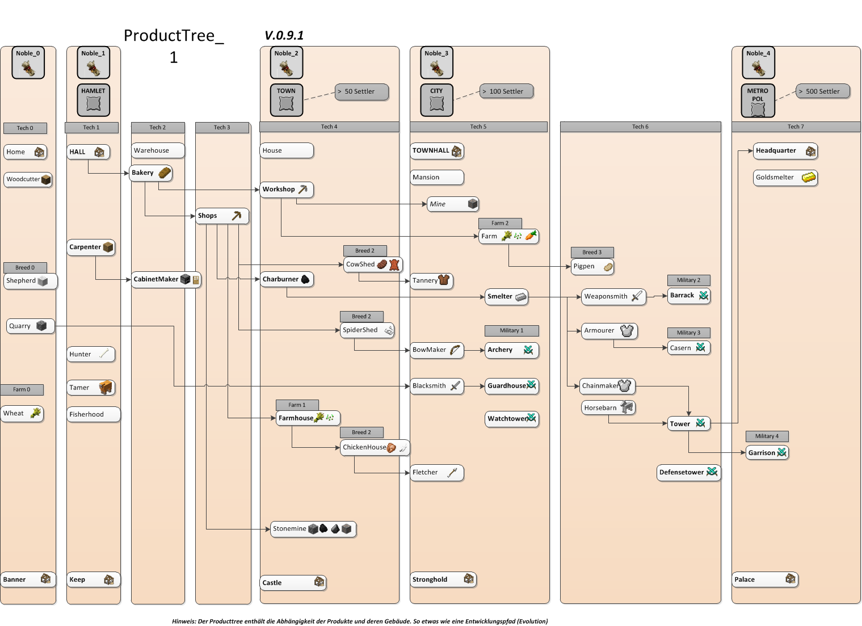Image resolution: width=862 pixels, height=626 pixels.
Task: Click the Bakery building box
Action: [x=151, y=173]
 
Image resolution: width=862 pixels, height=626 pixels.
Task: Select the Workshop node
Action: [x=287, y=190]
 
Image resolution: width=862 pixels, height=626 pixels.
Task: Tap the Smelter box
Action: [x=506, y=297]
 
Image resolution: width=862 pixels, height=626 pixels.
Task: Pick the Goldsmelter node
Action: [x=785, y=178]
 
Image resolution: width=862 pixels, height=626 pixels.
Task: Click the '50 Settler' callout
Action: [x=361, y=91]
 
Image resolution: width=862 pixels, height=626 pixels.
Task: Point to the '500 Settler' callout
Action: [x=822, y=91]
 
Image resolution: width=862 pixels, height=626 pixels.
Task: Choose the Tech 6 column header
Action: [x=640, y=127]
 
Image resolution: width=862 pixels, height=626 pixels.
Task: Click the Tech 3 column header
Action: [x=222, y=128]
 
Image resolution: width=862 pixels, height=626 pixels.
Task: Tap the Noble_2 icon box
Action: [x=287, y=63]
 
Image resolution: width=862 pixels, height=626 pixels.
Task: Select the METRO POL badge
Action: [x=758, y=100]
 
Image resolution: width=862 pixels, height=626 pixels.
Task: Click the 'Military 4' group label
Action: [x=767, y=436]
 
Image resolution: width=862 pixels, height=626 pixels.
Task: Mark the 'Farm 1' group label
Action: [x=297, y=405]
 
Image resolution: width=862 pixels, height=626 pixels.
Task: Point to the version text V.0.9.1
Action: [x=284, y=36]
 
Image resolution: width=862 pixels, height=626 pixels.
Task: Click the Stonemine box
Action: [x=313, y=529]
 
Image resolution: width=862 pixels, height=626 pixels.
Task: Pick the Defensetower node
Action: [x=688, y=472]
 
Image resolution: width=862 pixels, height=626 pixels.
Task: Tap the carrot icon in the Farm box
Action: [x=531, y=236]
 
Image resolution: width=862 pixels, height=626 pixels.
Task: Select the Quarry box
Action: [x=31, y=326]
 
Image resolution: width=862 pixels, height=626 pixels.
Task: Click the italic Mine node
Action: [x=453, y=204]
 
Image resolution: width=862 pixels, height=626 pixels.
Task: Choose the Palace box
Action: [x=764, y=579]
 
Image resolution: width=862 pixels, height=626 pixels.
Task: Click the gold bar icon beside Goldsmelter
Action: [x=809, y=178]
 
